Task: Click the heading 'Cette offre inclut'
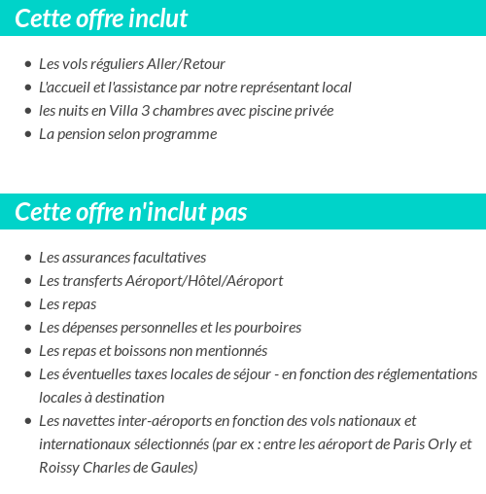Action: (102, 18)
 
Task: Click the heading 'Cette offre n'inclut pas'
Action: (131, 212)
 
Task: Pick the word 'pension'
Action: (81, 133)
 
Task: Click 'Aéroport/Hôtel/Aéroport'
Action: (204, 281)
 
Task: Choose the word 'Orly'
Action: (438, 444)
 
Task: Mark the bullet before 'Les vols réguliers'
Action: (27, 64)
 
